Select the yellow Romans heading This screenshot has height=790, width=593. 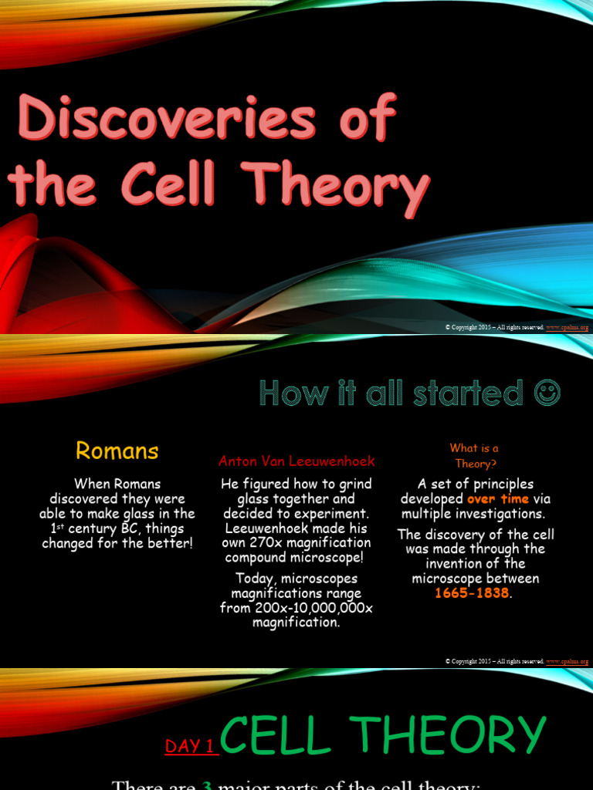tap(117, 451)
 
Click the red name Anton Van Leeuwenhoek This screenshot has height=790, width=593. tap(296, 461)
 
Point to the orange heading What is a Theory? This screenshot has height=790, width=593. tap(474, 455)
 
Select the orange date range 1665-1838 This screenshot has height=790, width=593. tap(473, 593)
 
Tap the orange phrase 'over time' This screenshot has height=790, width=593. tap(498, 498)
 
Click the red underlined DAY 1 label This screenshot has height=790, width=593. tap(189, 746)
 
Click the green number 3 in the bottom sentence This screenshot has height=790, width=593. tap(206, 785)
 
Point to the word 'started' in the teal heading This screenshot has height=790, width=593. tap(456, 393)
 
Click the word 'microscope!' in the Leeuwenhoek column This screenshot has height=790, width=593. tap(326, 558)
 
